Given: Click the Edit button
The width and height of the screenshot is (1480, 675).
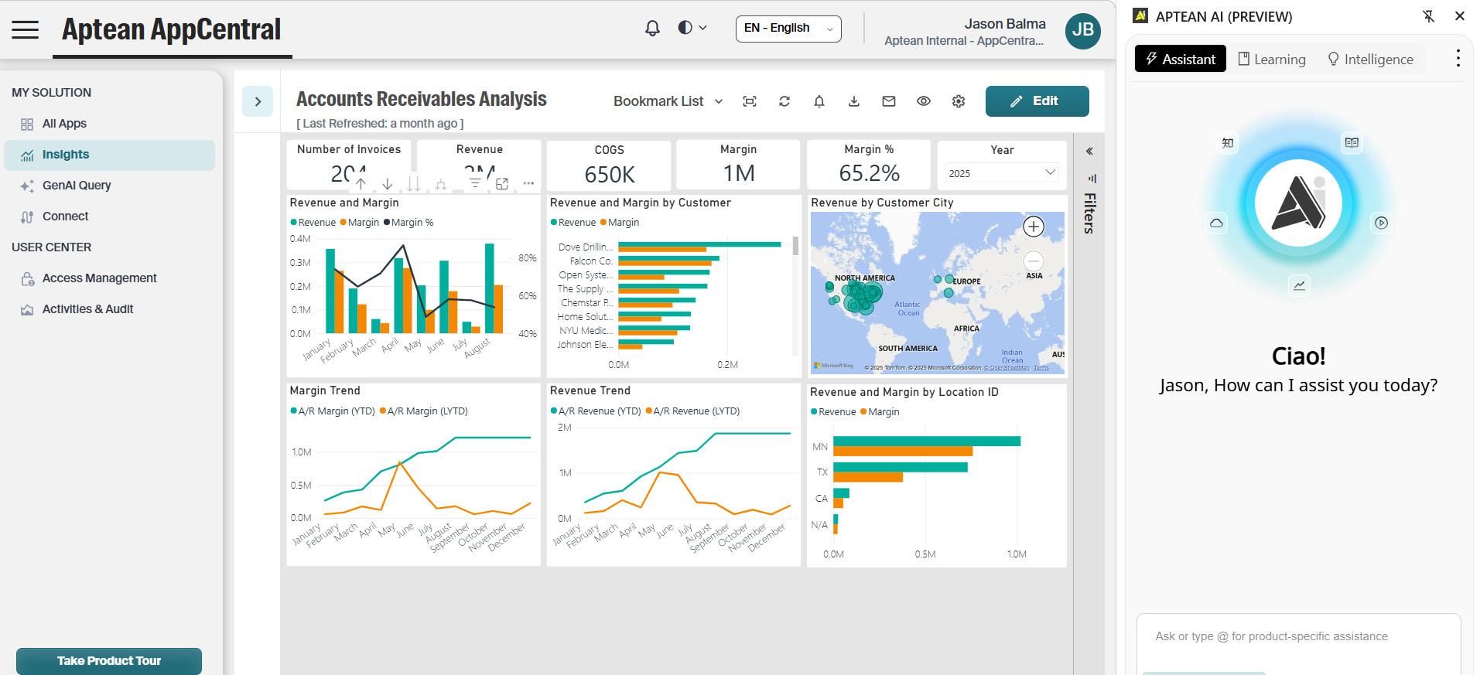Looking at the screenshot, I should [1037, 101].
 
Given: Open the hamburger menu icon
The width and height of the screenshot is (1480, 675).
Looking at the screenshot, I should [25, 30].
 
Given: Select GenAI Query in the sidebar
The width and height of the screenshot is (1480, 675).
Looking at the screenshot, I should [76, 186].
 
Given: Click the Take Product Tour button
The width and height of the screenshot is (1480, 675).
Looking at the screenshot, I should [109, 661].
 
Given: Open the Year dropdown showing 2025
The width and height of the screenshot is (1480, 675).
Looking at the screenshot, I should [1002, 173].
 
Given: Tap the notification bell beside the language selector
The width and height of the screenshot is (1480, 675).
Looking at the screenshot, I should [652, 29].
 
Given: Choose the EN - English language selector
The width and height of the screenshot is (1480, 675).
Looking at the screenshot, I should [788, 29].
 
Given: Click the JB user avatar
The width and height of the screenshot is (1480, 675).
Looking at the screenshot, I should [1082, 30].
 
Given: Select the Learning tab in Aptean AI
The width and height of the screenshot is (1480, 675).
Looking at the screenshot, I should [1272, 60].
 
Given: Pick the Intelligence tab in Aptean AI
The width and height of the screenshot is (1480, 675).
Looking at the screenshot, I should [1370, 60].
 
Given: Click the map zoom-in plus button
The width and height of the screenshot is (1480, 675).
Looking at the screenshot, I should [1033, 227].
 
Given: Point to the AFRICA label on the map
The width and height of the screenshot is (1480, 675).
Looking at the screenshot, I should [966, 329].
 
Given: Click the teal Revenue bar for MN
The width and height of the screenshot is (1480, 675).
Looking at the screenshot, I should [926, 441].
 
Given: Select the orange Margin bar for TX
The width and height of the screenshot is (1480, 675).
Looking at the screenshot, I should [867, 478].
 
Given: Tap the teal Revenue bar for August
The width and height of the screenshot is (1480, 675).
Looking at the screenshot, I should [490, 288].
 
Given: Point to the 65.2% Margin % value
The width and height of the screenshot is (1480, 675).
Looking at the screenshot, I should [869, 174].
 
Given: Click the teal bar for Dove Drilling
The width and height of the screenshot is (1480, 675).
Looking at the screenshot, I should [699, 244].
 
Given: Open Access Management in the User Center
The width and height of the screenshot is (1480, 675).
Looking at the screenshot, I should [99, 278].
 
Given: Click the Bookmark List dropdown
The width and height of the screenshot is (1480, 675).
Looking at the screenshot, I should [668, 101].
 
